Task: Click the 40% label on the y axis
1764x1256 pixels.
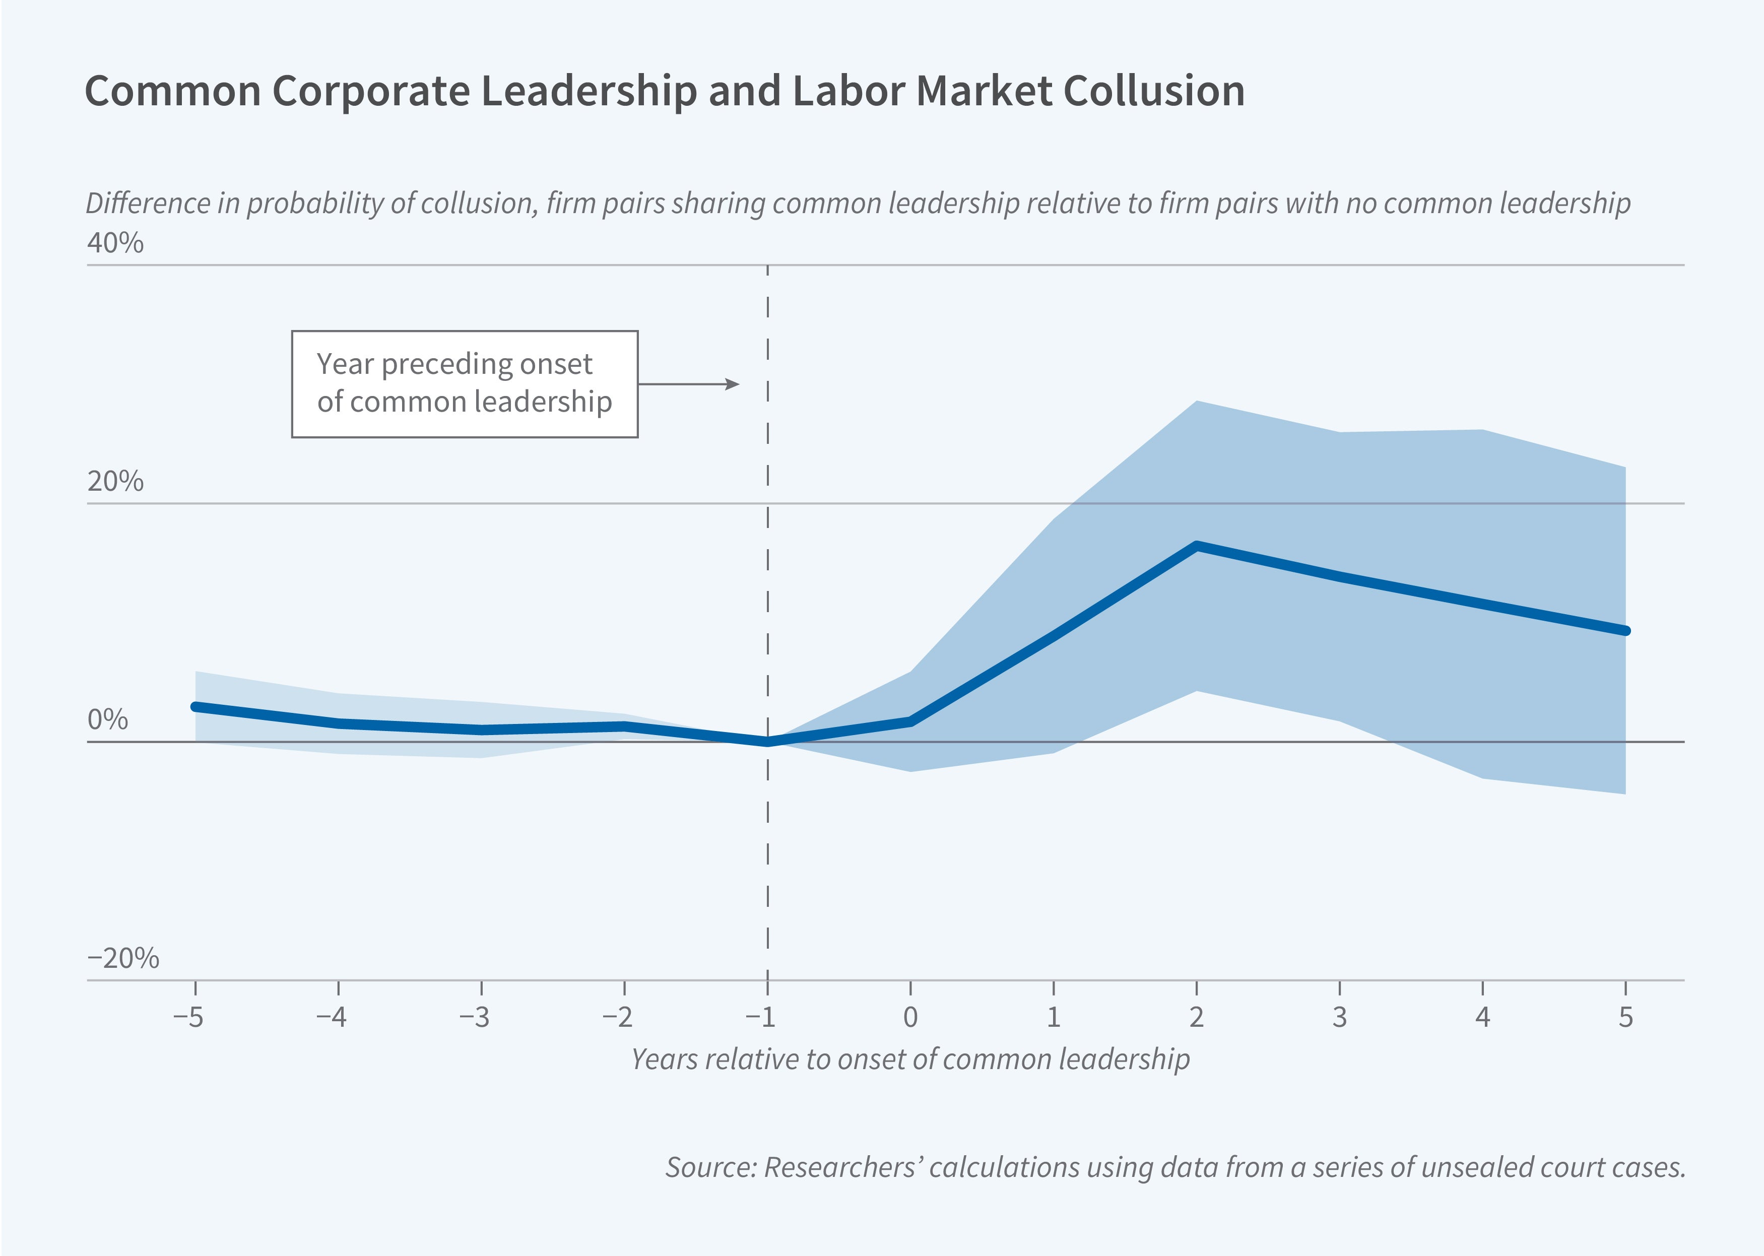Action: pos(115,243)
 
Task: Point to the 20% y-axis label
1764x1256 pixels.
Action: pos(115,481)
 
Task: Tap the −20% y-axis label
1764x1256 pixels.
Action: pos(123,958)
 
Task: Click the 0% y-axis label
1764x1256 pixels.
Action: pos(107,719)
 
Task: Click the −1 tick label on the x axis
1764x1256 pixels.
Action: pos(760,1016)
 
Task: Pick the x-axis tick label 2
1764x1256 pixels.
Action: pos(1196,1016)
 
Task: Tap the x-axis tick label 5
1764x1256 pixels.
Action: pos(1625,1016)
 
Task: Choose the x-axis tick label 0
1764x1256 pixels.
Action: pos(910,1016)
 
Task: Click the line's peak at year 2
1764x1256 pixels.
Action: pos(1196,545)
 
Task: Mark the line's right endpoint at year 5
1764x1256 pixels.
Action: pos(1625,630)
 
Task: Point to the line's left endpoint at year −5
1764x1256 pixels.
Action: pos(195,706)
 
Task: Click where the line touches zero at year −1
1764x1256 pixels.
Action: pos(767,742)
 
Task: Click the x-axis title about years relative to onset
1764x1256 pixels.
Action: pos(910,1059)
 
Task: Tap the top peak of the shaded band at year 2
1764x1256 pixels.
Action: pos(1196,402)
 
